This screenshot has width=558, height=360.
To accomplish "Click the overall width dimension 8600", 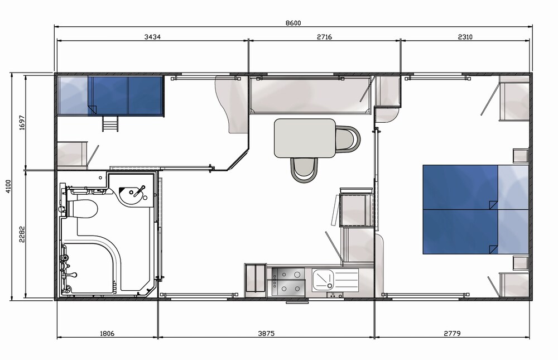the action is coord(294,23).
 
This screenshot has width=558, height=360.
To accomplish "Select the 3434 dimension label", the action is coord(152,37).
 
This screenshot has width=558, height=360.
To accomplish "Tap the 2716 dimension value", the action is coord(324,37).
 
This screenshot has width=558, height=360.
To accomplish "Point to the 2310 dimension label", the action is coord(465,37).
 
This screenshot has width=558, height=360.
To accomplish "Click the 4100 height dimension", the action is coord(8,186).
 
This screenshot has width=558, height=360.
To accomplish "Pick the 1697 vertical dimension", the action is coord(22,122).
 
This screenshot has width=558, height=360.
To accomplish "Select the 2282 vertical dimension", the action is coord(22,234).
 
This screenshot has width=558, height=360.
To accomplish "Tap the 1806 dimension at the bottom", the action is coord(107,334).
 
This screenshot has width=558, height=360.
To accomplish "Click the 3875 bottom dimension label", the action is coord(266,334).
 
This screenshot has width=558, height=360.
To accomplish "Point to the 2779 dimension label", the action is coord(453,334).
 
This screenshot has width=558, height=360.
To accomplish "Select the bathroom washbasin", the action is coord(133,195).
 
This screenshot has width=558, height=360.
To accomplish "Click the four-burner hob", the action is coord(287,281).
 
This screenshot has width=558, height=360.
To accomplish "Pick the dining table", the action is coord(305,138).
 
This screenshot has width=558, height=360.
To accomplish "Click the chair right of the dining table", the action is coord(348,138).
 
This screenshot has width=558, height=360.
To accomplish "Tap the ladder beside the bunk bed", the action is coord(110,123).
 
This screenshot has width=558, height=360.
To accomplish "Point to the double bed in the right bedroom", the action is coord(475,209).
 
